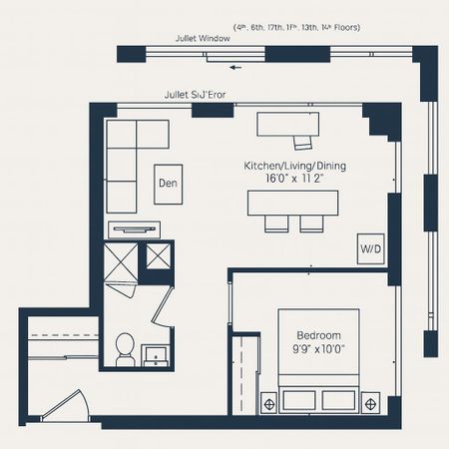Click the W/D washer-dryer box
368,248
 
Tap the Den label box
168,184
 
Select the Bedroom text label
318,335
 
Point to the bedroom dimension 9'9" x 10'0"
318,349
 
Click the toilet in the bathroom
126,348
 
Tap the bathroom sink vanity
156,354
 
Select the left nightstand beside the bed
268,402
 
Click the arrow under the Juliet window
235,68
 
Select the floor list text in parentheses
296,27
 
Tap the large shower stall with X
123,262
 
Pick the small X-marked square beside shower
159,255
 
